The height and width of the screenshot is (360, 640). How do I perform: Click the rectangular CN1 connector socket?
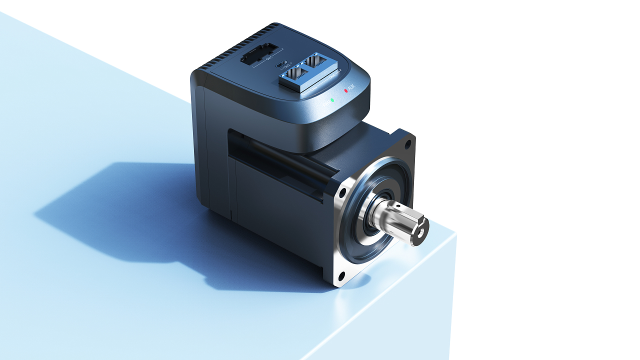[x=258, y=54]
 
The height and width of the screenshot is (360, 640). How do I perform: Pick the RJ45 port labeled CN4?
[x=316, y=62]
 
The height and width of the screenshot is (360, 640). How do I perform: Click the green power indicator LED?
[x=332, y=100]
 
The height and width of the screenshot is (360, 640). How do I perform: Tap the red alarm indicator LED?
[x=345, y=91]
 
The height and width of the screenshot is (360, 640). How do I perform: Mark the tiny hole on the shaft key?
[x=397, y=205]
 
